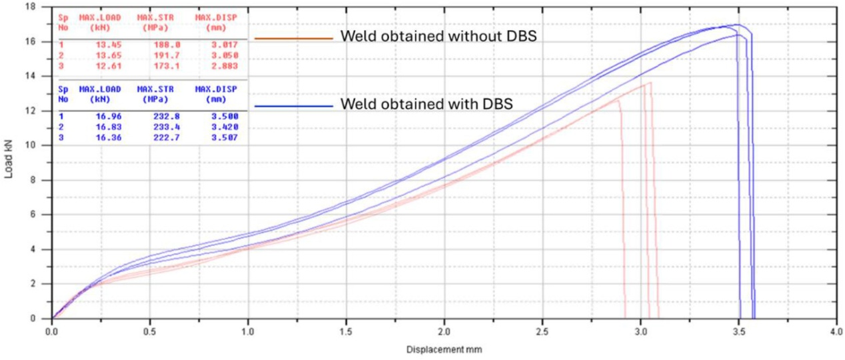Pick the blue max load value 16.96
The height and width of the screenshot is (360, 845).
click(107, 116)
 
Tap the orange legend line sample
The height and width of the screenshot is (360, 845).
click(293, 39)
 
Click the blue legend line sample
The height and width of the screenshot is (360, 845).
click(293, 107)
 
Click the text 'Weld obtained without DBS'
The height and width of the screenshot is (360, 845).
click(438, 37)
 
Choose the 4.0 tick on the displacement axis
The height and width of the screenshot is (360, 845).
click(835, 329)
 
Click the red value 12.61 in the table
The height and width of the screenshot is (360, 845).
click(107, 65)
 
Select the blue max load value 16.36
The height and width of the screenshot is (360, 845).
click(107, 137)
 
